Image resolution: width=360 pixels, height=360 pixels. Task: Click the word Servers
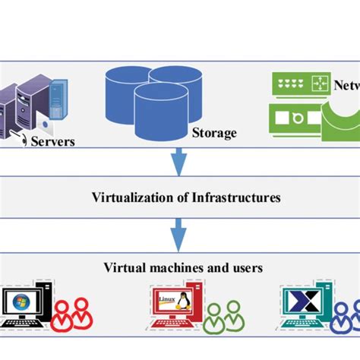pos(53,141)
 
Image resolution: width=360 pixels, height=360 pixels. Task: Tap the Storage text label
pos(213,133)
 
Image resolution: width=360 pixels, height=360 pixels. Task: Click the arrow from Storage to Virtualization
pos(180,160)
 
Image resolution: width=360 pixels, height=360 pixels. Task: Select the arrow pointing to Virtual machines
pos(180,233)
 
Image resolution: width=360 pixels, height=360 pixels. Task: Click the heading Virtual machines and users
pos(183,267)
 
